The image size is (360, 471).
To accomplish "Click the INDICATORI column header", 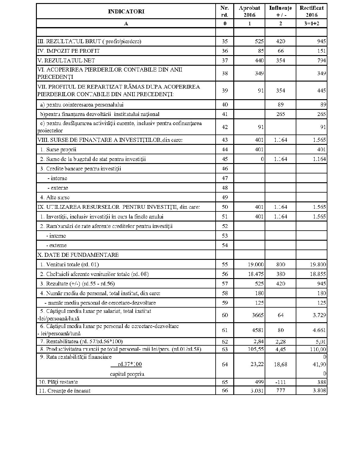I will [126, 12].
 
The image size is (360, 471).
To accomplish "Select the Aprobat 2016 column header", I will [249, 11].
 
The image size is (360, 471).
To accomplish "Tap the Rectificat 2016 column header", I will [311, 11].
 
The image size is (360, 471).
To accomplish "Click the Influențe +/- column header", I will [280, 11].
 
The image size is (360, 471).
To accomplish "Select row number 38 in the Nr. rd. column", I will [225, 73].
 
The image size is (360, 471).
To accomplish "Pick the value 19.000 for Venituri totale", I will [256, 264].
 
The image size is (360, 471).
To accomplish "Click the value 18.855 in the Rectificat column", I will [318, 274].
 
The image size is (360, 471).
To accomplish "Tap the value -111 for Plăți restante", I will [281, 382].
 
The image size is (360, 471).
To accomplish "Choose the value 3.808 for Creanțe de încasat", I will [319, 391].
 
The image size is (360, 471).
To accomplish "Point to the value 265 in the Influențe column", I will [281, 114].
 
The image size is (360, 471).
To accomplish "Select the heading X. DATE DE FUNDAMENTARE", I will [78, 255].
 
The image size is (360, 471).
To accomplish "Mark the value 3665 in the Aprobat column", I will [258, 315].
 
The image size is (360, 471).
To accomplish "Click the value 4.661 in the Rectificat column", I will [319, 330].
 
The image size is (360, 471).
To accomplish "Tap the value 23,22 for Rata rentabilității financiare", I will [257, 364].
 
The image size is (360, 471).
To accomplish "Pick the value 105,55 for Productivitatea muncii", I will [256, 349].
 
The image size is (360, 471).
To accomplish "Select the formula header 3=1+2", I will [311, 23].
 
